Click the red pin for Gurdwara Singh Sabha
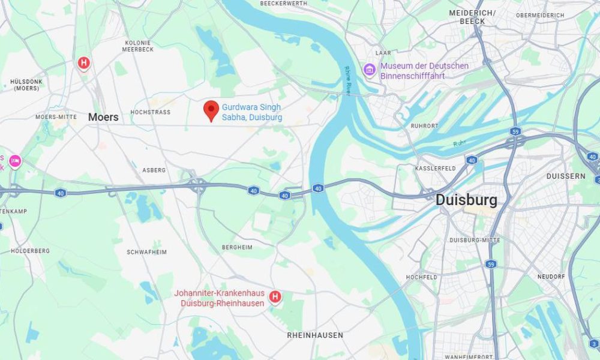pos(211,110)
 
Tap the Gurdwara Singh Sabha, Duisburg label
pos(252,112)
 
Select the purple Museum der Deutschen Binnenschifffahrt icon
pos(369,70)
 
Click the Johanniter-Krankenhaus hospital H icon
pos(275,296)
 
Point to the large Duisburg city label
pos(466,199)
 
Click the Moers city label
pos(103,117)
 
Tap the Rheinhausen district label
pos(315,335)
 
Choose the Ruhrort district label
pos(425,126)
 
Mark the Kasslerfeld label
pos(436,169)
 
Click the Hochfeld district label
pos(421,277)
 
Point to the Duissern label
pos(565,176)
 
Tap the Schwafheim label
pos(146,252)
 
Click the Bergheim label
pos(237,247)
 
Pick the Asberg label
pos(154,170)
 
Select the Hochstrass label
pos(151,112)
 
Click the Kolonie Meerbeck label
pos(137,46)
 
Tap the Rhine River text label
pos(347,80)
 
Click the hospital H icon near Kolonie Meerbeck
pos(83,62)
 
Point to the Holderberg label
pos(30,251)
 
